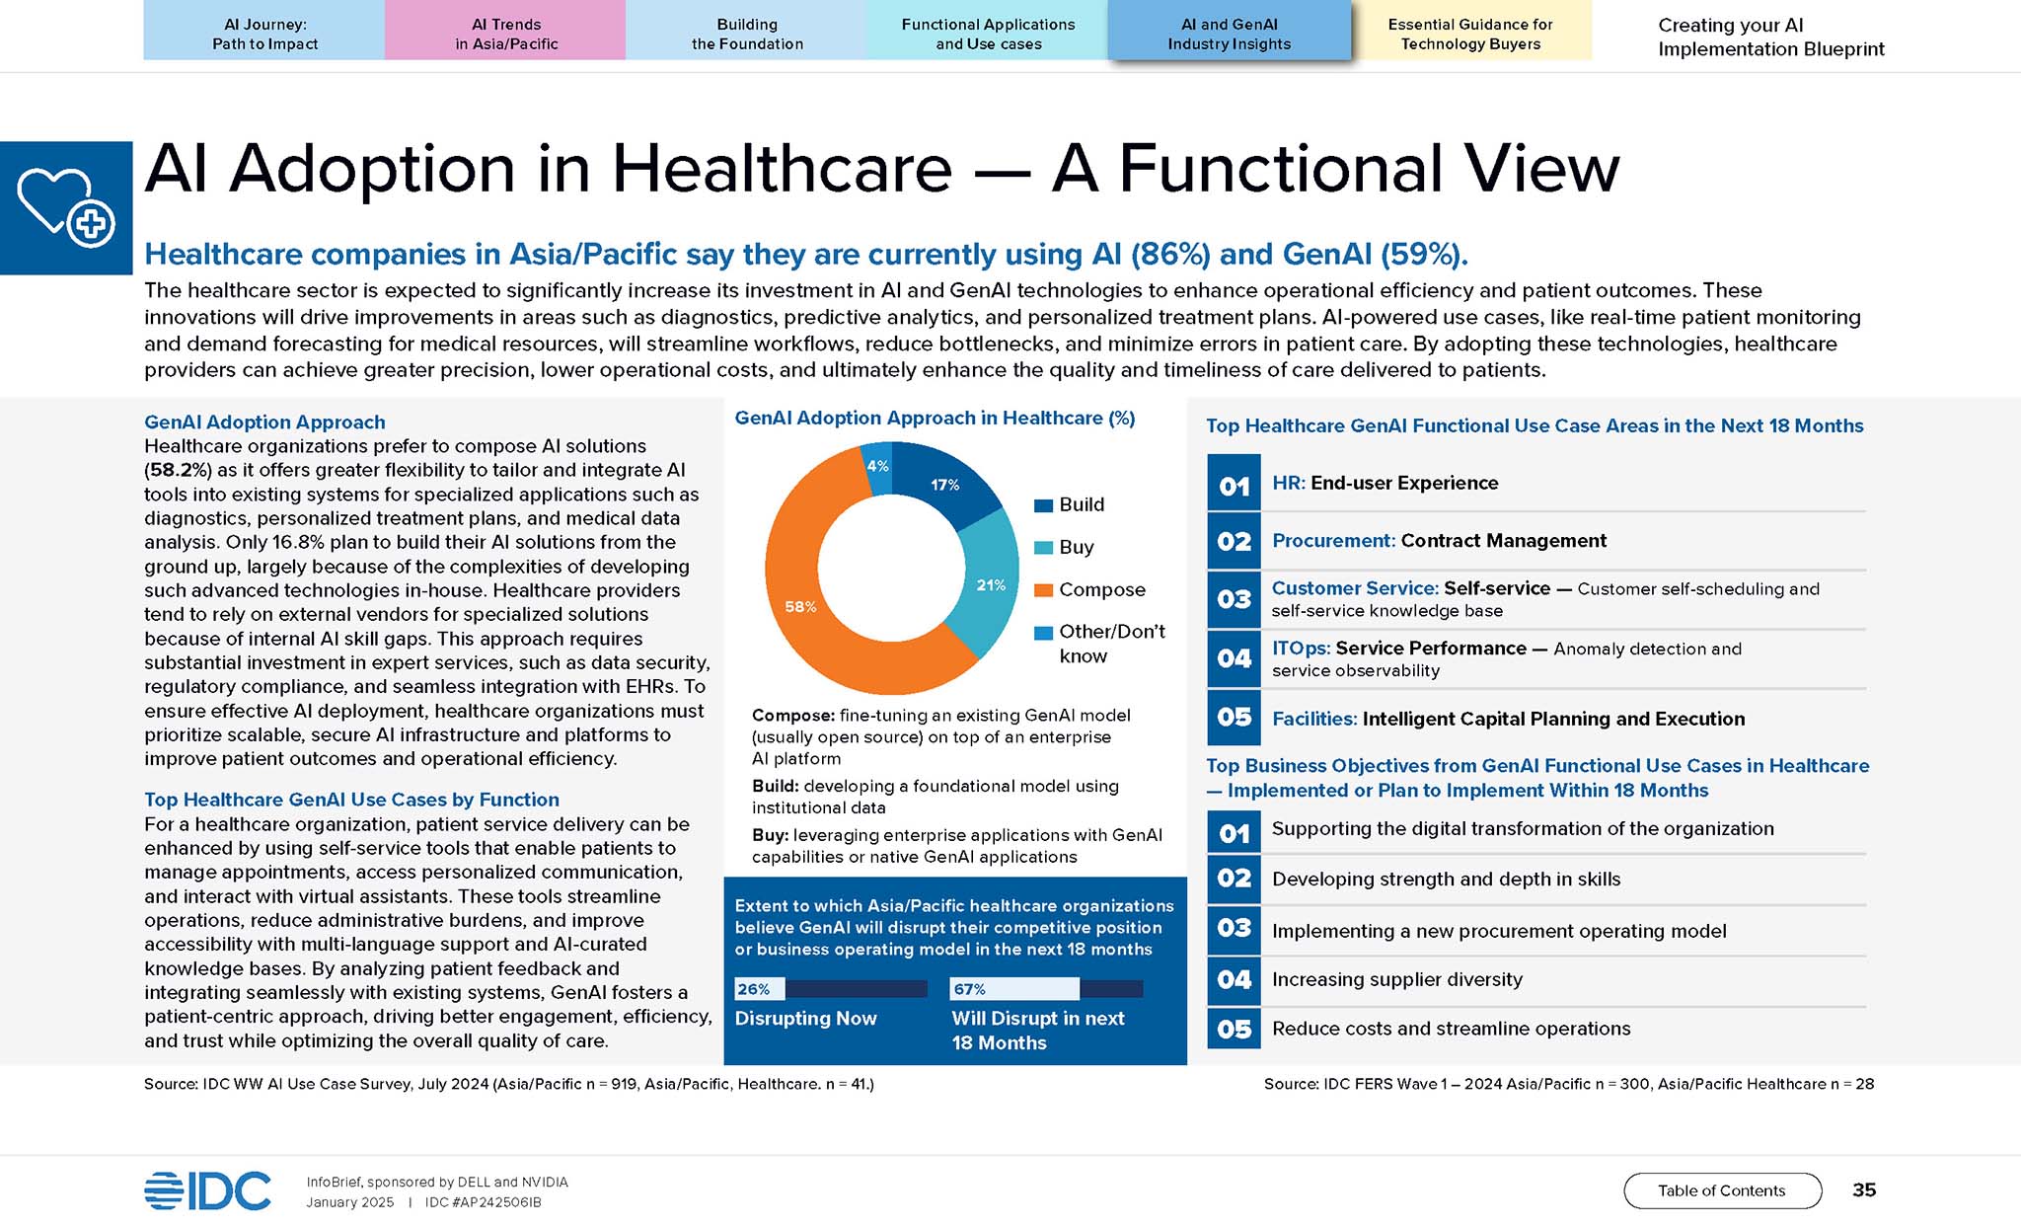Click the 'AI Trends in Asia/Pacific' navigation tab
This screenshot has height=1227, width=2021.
click(505, 30)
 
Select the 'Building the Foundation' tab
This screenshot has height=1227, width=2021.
click(746, 30)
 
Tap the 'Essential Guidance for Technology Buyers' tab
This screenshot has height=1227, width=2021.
click(1470, 30)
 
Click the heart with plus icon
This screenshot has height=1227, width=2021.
click(66, 207)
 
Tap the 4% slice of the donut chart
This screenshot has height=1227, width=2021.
click(877, 467)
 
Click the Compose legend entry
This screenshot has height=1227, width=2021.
click(1089, 589)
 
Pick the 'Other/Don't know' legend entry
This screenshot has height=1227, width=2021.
click(1099, 644)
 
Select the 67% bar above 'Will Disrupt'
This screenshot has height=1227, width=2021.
click(1046, 988)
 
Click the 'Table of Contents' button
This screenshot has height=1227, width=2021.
click(1722, 1190)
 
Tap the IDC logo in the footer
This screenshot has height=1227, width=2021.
click(207, 1190)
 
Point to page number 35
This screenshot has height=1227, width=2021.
click(1864, 1189)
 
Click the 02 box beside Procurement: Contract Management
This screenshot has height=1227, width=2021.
click(1234, 541)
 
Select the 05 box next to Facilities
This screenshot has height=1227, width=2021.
click(1234, 718)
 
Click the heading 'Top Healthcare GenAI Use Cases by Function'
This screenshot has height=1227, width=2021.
click(351, 800)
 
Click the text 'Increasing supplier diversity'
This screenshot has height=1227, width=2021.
click(1397, 979)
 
